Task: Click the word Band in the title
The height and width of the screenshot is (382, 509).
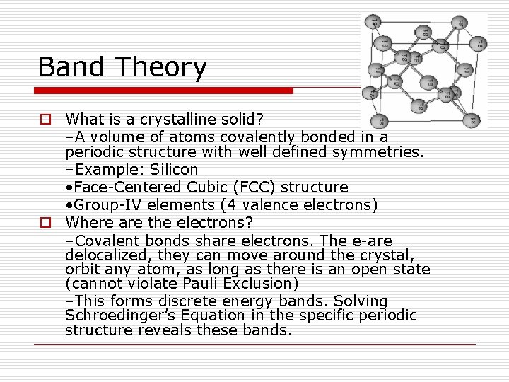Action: click(x=72, y=67)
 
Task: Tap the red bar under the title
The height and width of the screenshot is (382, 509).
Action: click(x=165, y=91)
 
